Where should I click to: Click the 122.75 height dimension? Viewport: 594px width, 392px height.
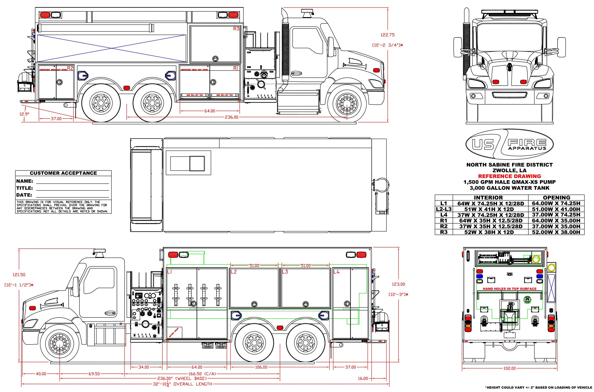[388, 35]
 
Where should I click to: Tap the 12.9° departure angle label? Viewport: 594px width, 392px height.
[25, 114]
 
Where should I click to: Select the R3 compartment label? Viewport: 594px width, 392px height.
[236, 29]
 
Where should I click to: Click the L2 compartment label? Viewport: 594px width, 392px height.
[234, 272]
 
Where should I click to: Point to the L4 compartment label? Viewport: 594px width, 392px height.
[336, 272]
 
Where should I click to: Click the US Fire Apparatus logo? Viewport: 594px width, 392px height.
[510, 144]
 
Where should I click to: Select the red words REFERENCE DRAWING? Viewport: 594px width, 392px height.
[510, 176]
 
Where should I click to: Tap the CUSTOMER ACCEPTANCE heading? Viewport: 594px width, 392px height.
[63, 173]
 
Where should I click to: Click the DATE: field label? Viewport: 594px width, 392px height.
[24, 195]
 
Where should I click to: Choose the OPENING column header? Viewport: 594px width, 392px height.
[556, 197]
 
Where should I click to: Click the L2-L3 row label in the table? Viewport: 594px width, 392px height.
[444, 209]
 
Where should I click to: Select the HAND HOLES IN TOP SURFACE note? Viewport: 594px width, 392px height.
[510, 289]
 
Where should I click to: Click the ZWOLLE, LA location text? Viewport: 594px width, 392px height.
[510, 170]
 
